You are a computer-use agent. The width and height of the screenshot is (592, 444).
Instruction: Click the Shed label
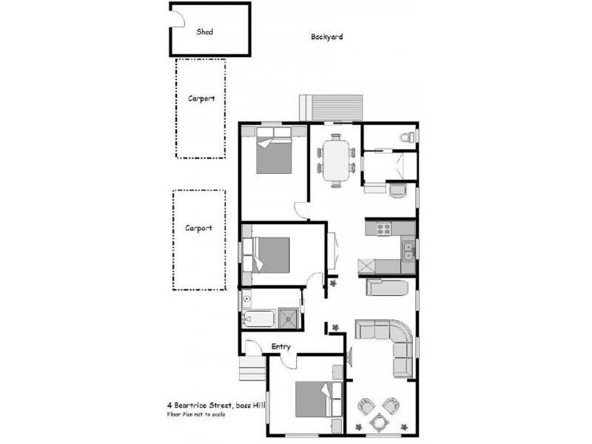tap(205, 32)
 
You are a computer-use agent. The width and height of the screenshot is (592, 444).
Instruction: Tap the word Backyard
tap(326, 36)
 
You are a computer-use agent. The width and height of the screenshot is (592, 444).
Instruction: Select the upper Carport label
tap(201, 98)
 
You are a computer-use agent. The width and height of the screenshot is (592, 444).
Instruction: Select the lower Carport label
tap(198, 228)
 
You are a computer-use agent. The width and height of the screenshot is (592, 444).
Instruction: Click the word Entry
tap(281, 346)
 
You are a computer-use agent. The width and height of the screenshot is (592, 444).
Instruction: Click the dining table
tap(337, 160)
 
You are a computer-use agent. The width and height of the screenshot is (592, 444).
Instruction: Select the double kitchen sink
tap(408, 250)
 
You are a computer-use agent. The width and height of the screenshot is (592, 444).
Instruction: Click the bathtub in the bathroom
tap(258, 320)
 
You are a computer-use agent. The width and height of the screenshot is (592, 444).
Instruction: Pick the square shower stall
tap(289, 319)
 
